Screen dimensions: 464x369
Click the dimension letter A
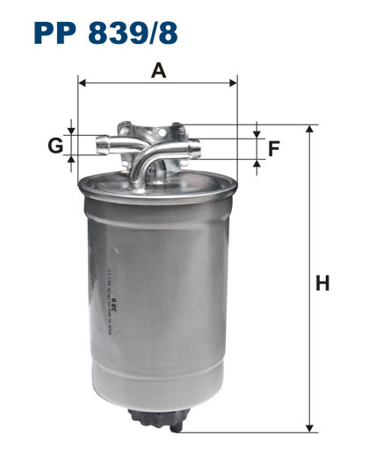tap(158, 70)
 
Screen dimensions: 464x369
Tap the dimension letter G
tap(55, 145)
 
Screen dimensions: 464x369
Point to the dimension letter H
tap(322, 282)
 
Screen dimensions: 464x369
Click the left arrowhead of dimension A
tap(83, 83)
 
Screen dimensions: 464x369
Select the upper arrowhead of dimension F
tap(257, 133)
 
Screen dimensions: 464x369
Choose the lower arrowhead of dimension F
tap(257, 163)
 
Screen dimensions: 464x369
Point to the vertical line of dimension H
tap(309, 351)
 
